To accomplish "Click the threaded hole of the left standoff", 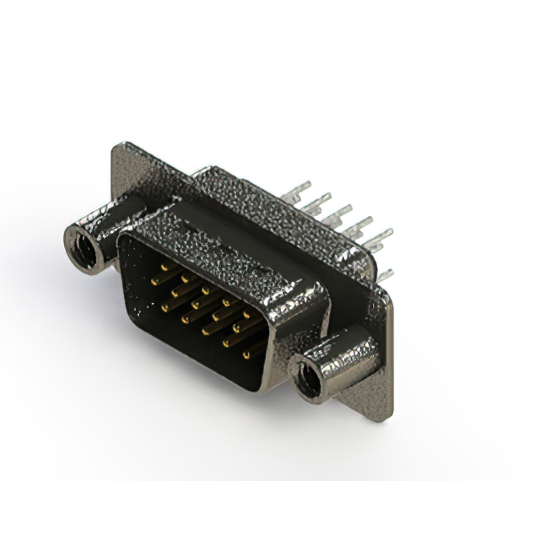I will [83, 243].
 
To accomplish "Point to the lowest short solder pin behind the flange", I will [385, 274].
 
